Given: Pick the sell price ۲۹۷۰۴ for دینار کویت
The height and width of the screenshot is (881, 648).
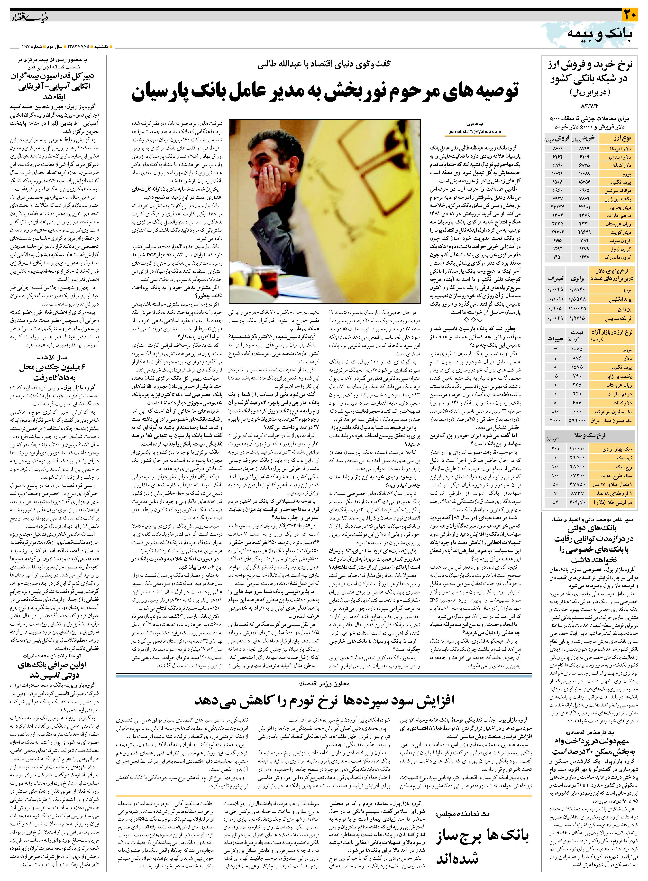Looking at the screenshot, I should [x=557, y=232].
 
